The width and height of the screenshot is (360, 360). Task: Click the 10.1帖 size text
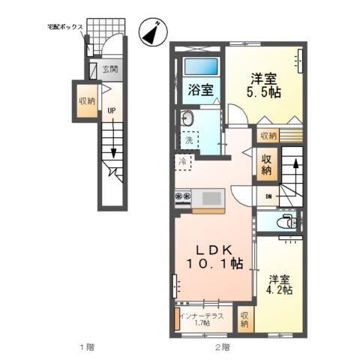pos(214,264)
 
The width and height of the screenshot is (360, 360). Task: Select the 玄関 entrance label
pos(109,70)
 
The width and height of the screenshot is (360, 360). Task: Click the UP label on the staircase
pos(110,110)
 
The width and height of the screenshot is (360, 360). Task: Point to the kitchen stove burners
pos(184,198)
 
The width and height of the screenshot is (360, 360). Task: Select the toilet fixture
pos(284,222)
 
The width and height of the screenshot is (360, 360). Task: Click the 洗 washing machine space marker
pos(190,139)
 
